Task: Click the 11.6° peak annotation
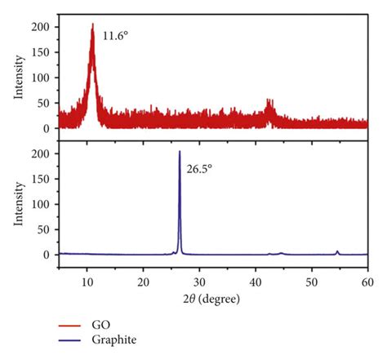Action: click(x=115, y=37)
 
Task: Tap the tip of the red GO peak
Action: click(x=92, y=24)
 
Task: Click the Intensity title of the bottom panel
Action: click(x=17, y=204)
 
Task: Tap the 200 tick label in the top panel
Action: click(x=41, y=27)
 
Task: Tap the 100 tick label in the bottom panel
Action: click(x=41, y=204)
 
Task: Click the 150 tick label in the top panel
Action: click(x=41, y=52)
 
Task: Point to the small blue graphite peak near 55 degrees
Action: click(x=337, y=251)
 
